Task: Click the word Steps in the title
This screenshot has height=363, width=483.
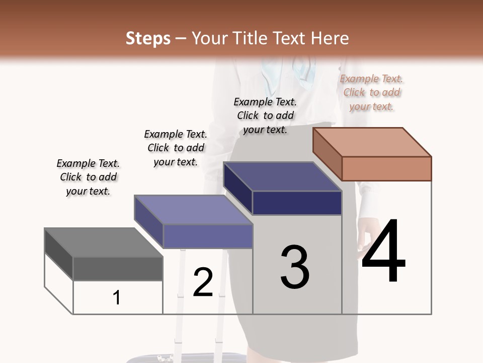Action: [x=148, y=38]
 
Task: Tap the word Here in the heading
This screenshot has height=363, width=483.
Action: [x=331, y=38]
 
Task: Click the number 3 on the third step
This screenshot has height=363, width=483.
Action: [x=295, y=267]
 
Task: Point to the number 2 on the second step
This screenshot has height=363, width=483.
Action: [x=203, y=282]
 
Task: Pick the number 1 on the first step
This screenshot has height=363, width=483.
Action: [x=117, y=297]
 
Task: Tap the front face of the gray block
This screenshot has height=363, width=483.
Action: [x=118, y=268]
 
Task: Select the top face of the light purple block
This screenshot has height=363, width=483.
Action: [x=193, y=210]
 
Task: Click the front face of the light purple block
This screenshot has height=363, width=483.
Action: [x=208, y=236]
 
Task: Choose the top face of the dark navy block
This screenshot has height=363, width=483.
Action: [x=282, y=176]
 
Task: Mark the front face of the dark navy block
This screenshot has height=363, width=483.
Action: [x=297, y=203]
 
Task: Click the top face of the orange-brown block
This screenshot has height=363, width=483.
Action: [x=372, y=142]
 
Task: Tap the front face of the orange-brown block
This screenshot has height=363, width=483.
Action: [x=386, y=168]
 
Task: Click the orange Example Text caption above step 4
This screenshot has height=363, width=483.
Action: [x=371, y=92]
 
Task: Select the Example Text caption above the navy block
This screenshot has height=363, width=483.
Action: [x=265, y=115]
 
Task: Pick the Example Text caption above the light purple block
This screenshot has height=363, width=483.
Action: [x=175, y=148]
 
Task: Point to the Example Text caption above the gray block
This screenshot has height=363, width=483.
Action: [x=88, y=177]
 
